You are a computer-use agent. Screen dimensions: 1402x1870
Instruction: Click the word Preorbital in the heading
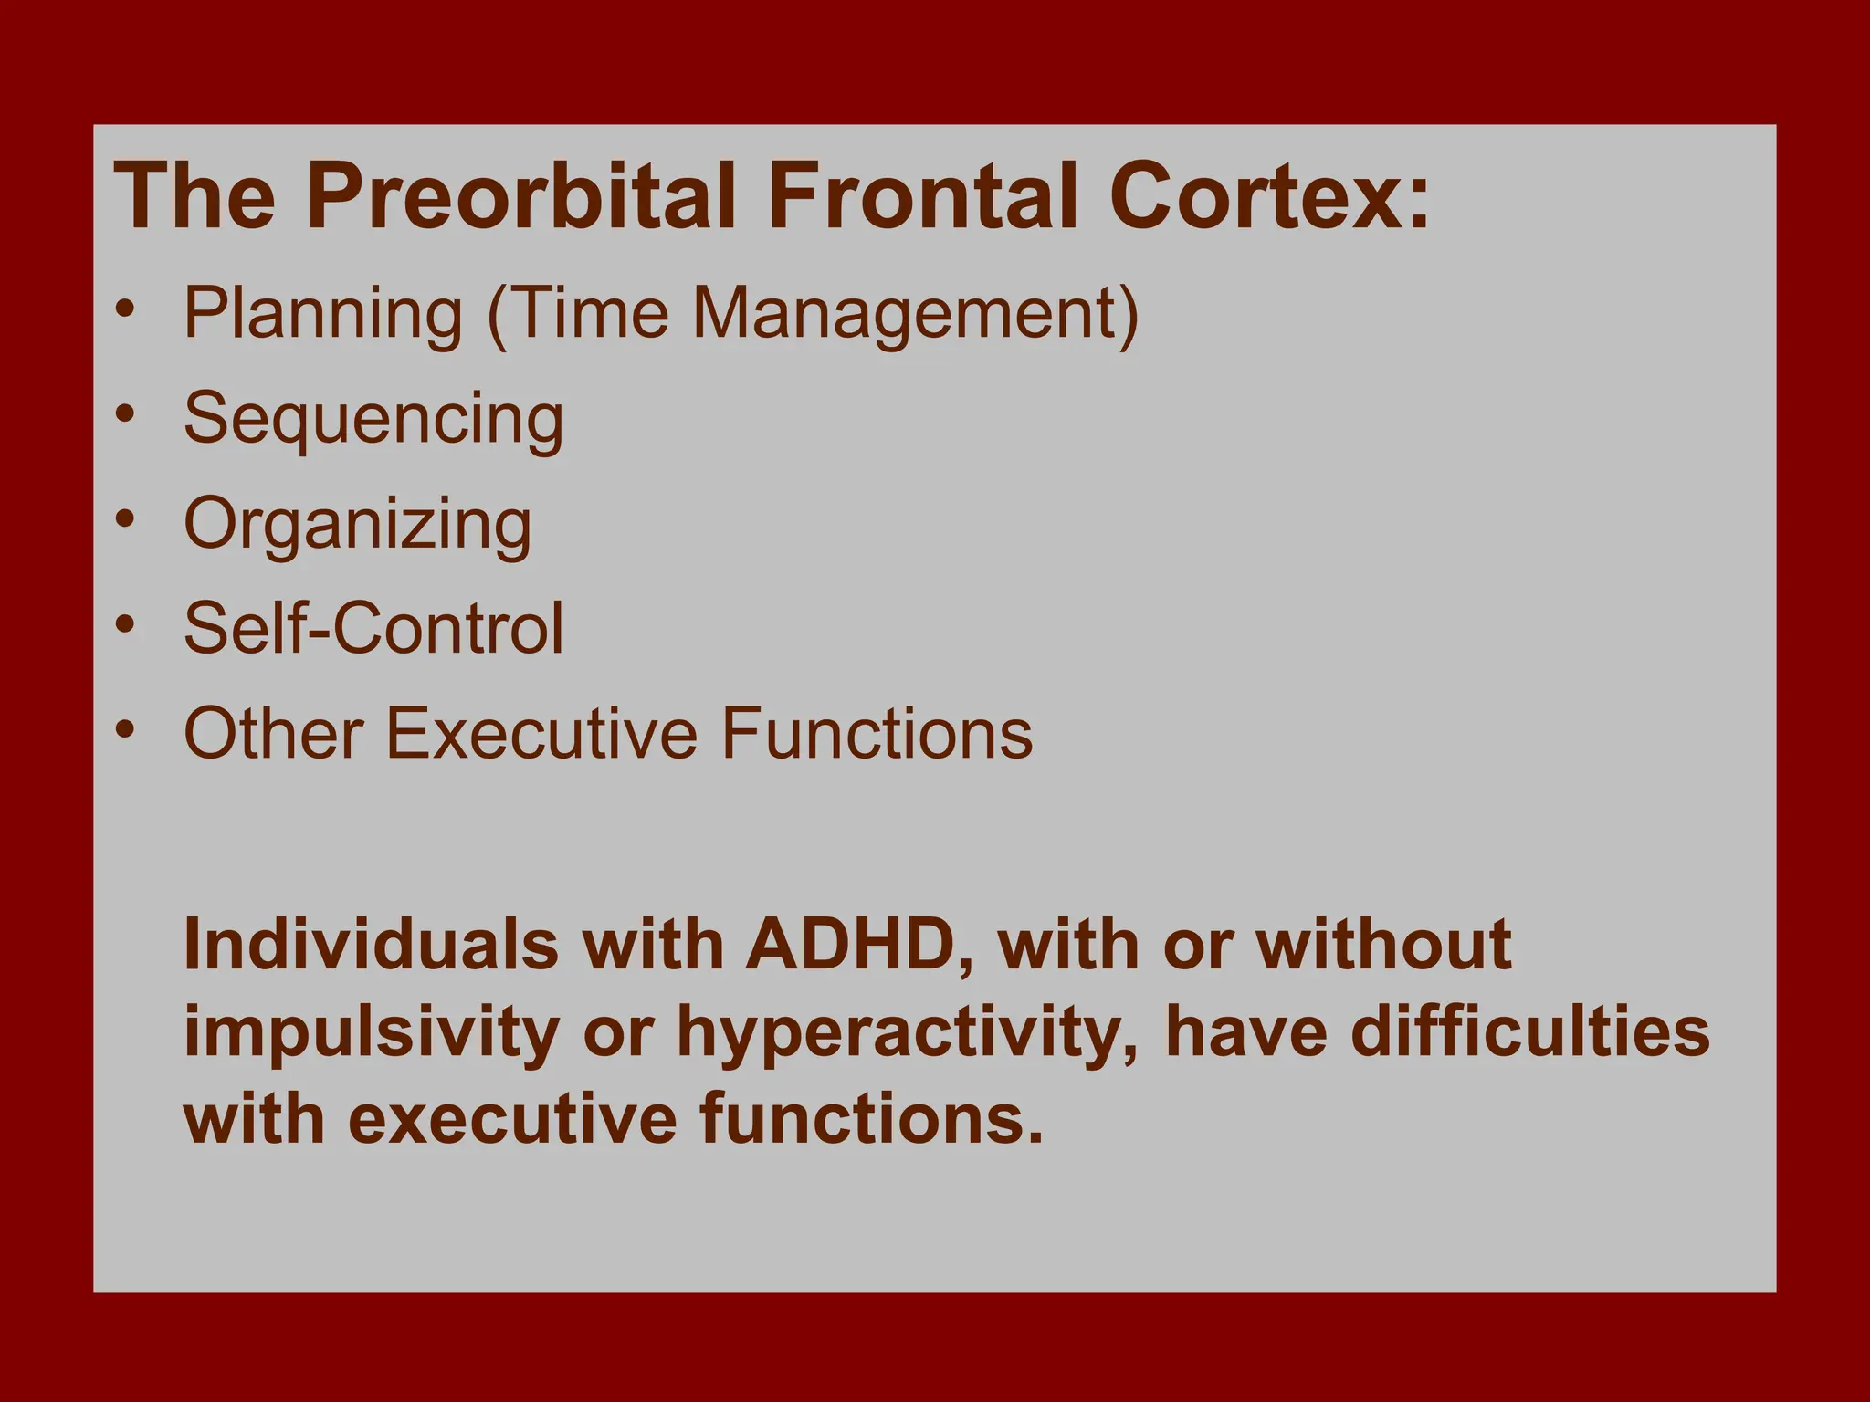coord(520,197)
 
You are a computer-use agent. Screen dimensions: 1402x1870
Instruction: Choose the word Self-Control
coord(373,628)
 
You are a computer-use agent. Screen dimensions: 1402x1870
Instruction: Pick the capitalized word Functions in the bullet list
coord(877,733)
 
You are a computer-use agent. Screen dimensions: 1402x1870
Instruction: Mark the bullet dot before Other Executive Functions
coord(126,729)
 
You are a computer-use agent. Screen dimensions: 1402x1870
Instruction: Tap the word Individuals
coord(371,945)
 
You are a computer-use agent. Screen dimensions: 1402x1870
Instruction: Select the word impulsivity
coord(371,1032)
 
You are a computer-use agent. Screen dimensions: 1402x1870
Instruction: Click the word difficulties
coord(1529,1032)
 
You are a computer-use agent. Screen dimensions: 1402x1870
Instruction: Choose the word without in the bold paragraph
coord(1383,945)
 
